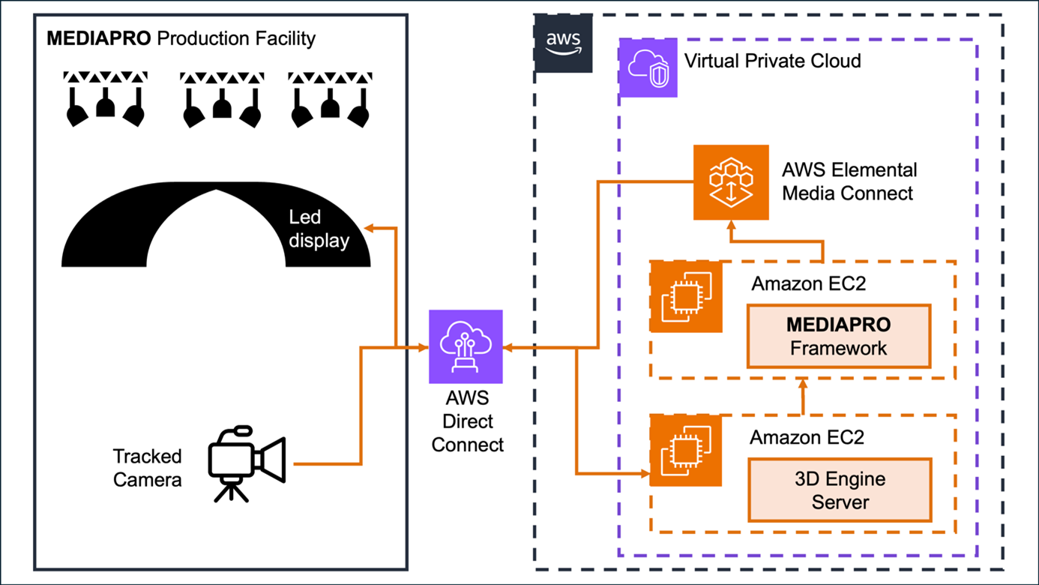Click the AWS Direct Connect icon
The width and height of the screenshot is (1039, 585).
[x=466, y=346]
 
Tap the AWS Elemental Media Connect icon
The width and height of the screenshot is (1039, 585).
[x=731, y=182]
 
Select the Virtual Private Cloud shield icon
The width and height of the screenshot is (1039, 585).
[x=648, y=68]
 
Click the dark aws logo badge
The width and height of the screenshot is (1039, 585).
[x=563, y=43]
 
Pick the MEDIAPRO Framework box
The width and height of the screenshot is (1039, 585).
[x=838, y=336]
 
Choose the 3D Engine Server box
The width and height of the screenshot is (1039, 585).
[x=840, y=490]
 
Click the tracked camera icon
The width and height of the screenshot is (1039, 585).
[x=246, y=463]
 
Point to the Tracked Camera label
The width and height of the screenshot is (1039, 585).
[x=147, y=468]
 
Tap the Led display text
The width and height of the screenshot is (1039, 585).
[x=319, y=229]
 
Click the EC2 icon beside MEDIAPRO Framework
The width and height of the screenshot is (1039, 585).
[x=685, y=297]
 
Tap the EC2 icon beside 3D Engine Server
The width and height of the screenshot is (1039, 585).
[x=685, y=450]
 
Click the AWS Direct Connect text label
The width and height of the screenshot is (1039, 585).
[x=467, y=421]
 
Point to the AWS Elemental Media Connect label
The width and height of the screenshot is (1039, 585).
[x=849, y=181]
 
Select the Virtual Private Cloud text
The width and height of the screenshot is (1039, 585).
[x=773, y=61]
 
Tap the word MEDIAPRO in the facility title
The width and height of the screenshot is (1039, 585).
[x=98, y=39]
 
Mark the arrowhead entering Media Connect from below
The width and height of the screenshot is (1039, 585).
[x=732, y=225]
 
